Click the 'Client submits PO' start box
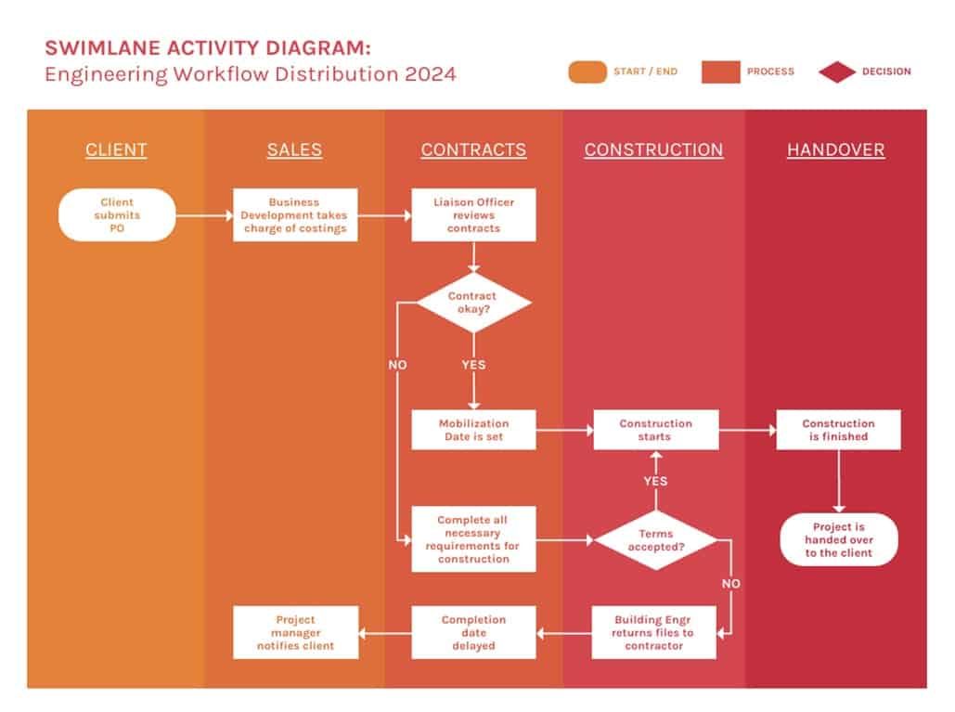[117, 214]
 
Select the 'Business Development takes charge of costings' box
[295, 214]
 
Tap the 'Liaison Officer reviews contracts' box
[473, 214]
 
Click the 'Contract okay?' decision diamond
[473, 303]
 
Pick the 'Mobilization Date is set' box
[473, 430]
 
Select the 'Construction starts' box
[655, 430]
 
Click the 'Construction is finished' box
[838, 430]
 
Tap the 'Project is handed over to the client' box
[838, 539]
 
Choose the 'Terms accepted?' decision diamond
[655, 540]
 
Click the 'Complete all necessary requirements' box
[473, 539]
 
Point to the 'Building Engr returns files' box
[653, 632]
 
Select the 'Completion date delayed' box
[473, 632]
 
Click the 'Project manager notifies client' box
[295, 632]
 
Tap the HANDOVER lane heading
[835, 149]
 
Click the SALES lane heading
[294, 149]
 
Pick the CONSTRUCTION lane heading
[653, 149]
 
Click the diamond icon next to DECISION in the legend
[837, 71]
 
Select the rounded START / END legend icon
[587, 71]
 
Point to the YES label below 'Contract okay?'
[473, 365]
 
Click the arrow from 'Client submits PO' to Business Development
[204, 215]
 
